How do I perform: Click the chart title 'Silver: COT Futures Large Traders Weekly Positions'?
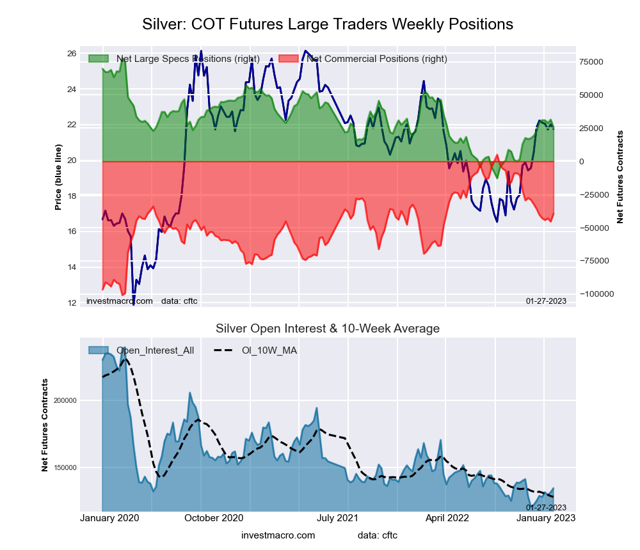pyautogui.click(x=327, y=24)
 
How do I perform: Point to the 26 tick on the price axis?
pyautogui.click(x=72, y=53)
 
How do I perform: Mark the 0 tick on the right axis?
pyautogui.click(x=582, y=162)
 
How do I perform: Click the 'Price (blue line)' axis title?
pyautogui.click(x=58, y=177)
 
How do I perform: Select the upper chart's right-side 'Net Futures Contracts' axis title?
pyautogui.click(x=620, y=177)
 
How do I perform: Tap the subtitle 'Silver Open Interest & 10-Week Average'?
pyautogui.click(x=328, y=329)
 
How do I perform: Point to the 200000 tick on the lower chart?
pyautogui.click(x=64, y=401)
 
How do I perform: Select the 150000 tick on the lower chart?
pyautogui.click(x=64, y=468)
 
